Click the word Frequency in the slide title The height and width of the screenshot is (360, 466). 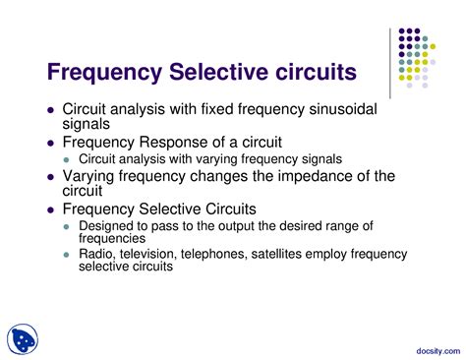click(x=104, y=73)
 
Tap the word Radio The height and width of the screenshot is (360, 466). click(x=97, y=254)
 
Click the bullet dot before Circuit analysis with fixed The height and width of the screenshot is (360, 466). click(x=50, y=110)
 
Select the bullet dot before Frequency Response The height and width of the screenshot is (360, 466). click(x=50, y=142)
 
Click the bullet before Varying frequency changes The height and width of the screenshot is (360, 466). click(x=50, y=176)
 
